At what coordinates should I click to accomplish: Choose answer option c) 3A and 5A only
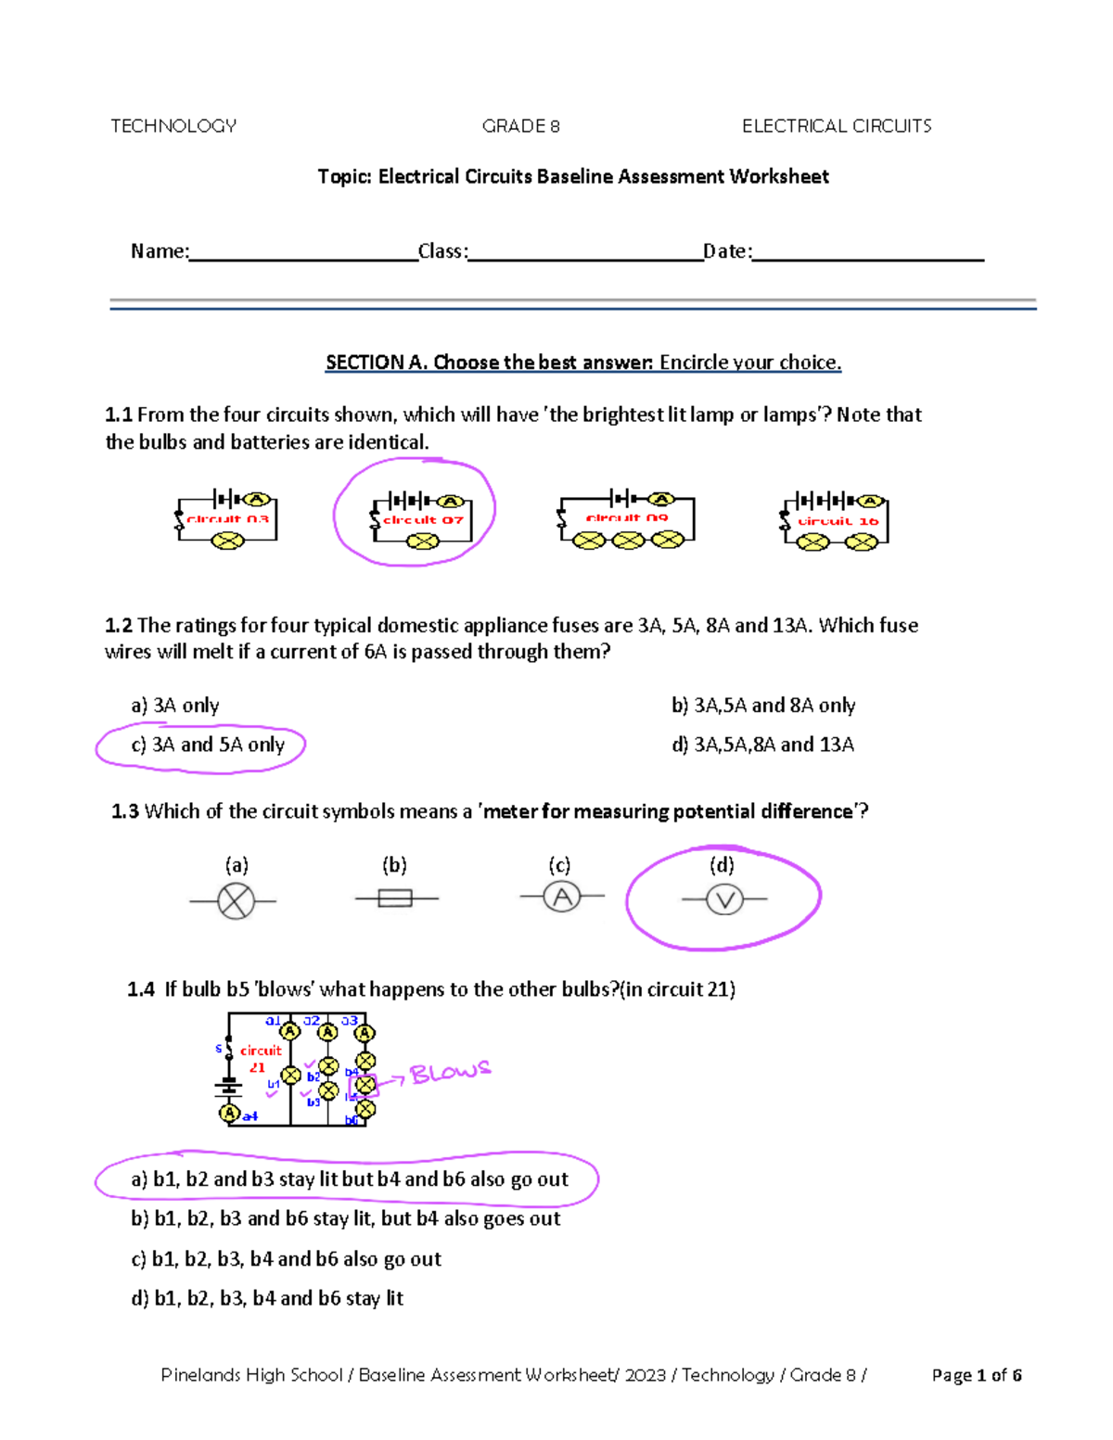pos(208,745)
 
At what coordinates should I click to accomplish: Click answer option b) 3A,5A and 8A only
pos(762,706)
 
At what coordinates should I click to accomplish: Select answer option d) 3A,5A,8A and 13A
pos(762,745)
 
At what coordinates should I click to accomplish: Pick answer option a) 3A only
pos(175,706)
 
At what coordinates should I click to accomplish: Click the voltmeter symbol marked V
pos(724,899)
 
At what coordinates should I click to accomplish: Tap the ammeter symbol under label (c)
pos(561,897)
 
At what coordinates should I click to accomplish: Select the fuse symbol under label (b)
pos(395,898)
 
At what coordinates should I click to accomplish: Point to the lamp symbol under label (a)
pos(236,900)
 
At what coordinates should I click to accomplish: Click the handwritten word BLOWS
pos(450,1073)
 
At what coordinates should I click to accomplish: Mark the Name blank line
pos(303,253)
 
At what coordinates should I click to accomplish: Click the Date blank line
pos(867,253)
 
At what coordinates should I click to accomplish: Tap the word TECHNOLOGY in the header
pos(173,126)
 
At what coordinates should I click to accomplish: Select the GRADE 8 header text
pos(520,126)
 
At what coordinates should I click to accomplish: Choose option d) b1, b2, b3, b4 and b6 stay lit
pos(267,1298)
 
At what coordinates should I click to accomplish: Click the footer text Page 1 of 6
pos(976,1375)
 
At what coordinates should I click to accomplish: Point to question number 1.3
pos(125,812)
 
